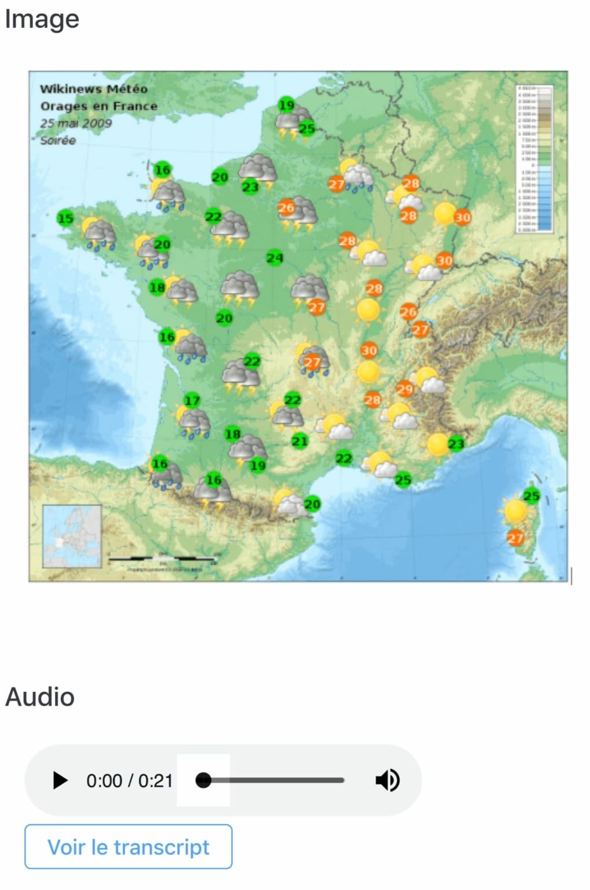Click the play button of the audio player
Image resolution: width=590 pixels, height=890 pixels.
pyautogui.click(x=60, y=780)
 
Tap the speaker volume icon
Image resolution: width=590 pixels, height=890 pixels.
pyautogui.click(x=387, y=780)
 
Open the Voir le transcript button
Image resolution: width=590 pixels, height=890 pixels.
pyautogui.click(x=128, y=847)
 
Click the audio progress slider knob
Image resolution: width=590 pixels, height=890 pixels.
pyautogui.click(x=203, y=780)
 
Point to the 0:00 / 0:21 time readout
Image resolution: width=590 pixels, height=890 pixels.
pyautogui.click(x=130, y=781)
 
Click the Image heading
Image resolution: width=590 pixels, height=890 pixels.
pyautogui.click(x=42, y=19)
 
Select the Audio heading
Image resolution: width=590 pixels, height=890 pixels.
pyautogui.click(x=40, y=696)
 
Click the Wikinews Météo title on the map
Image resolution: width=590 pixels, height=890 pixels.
pyautogui.click(x=93, y=89)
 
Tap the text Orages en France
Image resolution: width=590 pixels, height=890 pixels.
pyautogui.click(x=98, y=106)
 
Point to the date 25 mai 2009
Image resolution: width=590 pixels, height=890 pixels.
pyautogui.click(x=76, y=123)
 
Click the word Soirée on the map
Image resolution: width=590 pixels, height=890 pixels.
pyautogui.click(x=58, y=140)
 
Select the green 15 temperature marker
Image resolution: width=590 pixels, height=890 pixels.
pyautogui.click(x=65, y=218)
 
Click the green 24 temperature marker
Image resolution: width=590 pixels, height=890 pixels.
pyautogui.click(x=274, y=258)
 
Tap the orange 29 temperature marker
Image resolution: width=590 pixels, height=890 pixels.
pyautogui.click(x=405, y=389)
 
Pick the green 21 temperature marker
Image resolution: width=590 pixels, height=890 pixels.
pyautogui.click(x=299, y=441)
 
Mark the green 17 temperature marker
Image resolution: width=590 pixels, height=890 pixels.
pyautogui.click(x=192, y=400)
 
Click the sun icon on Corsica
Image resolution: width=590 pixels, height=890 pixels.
pyautogui.click(x=515, y=511)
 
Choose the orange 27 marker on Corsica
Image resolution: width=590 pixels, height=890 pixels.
pyautogui.click(x=515, y=538)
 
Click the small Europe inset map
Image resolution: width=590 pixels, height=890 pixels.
pyautogui.click(x=72, y=537)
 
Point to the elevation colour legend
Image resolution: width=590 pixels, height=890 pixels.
pyautogui.click(x=534, y=159)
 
